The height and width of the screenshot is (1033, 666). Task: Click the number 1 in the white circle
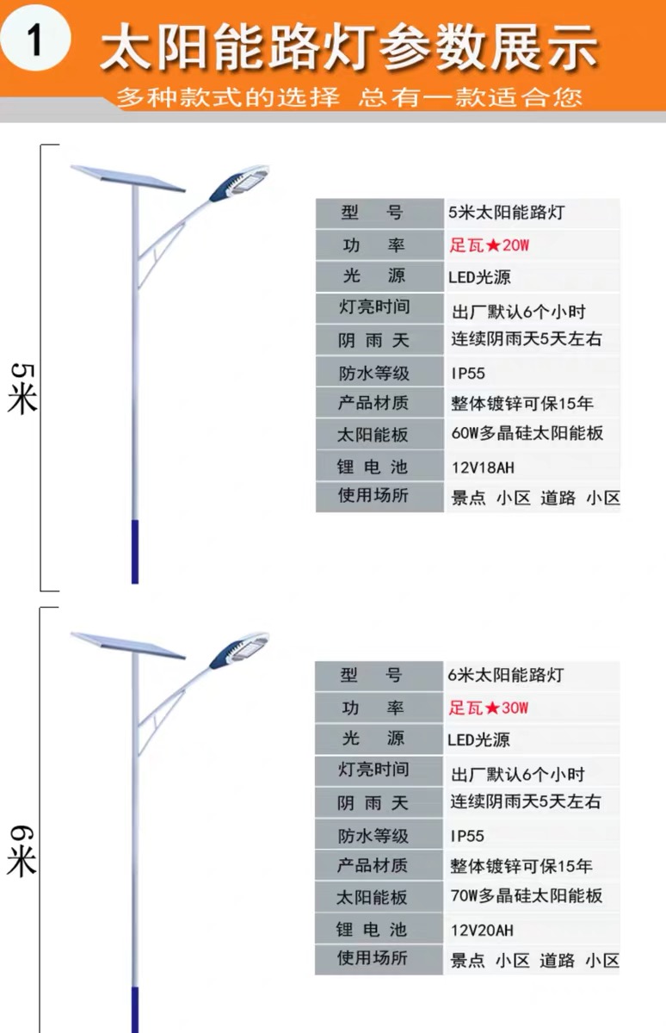pyautogui.click(x=36, y=40)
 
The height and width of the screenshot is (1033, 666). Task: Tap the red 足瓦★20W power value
pyautogui.click(x=490, y=244)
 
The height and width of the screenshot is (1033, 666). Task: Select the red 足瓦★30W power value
pyautogui.click(x=489, y=708)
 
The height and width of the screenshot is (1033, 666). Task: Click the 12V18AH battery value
pyautogui.click(x=483, y=467)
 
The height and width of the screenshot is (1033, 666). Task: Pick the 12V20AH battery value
pyautogui.click(x=482, y=930)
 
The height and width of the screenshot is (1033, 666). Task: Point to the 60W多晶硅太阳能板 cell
pyautogui.click(x=527, y=433)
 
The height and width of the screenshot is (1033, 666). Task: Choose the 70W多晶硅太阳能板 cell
pyautogui.click(x=527, y=895)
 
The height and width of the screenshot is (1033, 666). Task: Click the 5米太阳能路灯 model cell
pyautogui.click(x=507, y=212)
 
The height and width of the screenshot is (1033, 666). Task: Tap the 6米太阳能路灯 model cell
pyautogui.click(x=506, y=675)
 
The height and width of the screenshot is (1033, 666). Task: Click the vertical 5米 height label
pyautogui.click(x=22, y=388)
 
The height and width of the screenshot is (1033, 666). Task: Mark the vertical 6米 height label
pyautogui.click(x=22, y=851)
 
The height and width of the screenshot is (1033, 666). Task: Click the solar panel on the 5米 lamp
pyautogui.click(x=127, y=178)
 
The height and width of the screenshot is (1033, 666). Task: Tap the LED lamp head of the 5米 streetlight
pyautogui.click(x=239, y=183)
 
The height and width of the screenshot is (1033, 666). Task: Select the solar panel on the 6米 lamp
pyautogui.click(x=127, y=646)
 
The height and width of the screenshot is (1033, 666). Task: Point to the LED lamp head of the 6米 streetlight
pyautogui.click(x=239, y=650)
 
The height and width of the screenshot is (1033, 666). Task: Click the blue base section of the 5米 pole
pyautogui.click(x=135, y=552)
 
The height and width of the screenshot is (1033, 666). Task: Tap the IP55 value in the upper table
pyautogui.click(x=468, y=373)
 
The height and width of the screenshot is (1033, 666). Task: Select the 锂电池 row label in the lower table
pyautogui.click(x=372, y=929)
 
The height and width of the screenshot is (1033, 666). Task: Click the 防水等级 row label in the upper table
pyautogui.click(x=373, y=373)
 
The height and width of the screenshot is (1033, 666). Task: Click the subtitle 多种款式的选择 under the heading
pyautogui.click(x=228, y=97)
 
